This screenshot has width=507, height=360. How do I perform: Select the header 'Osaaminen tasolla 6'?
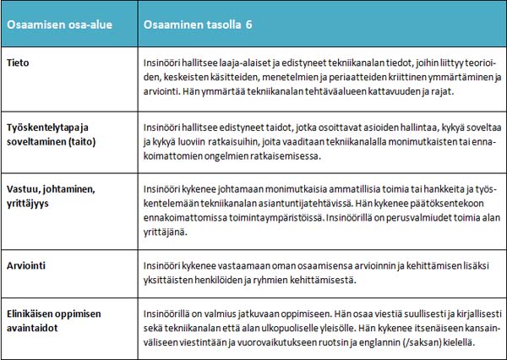(199, 25)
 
